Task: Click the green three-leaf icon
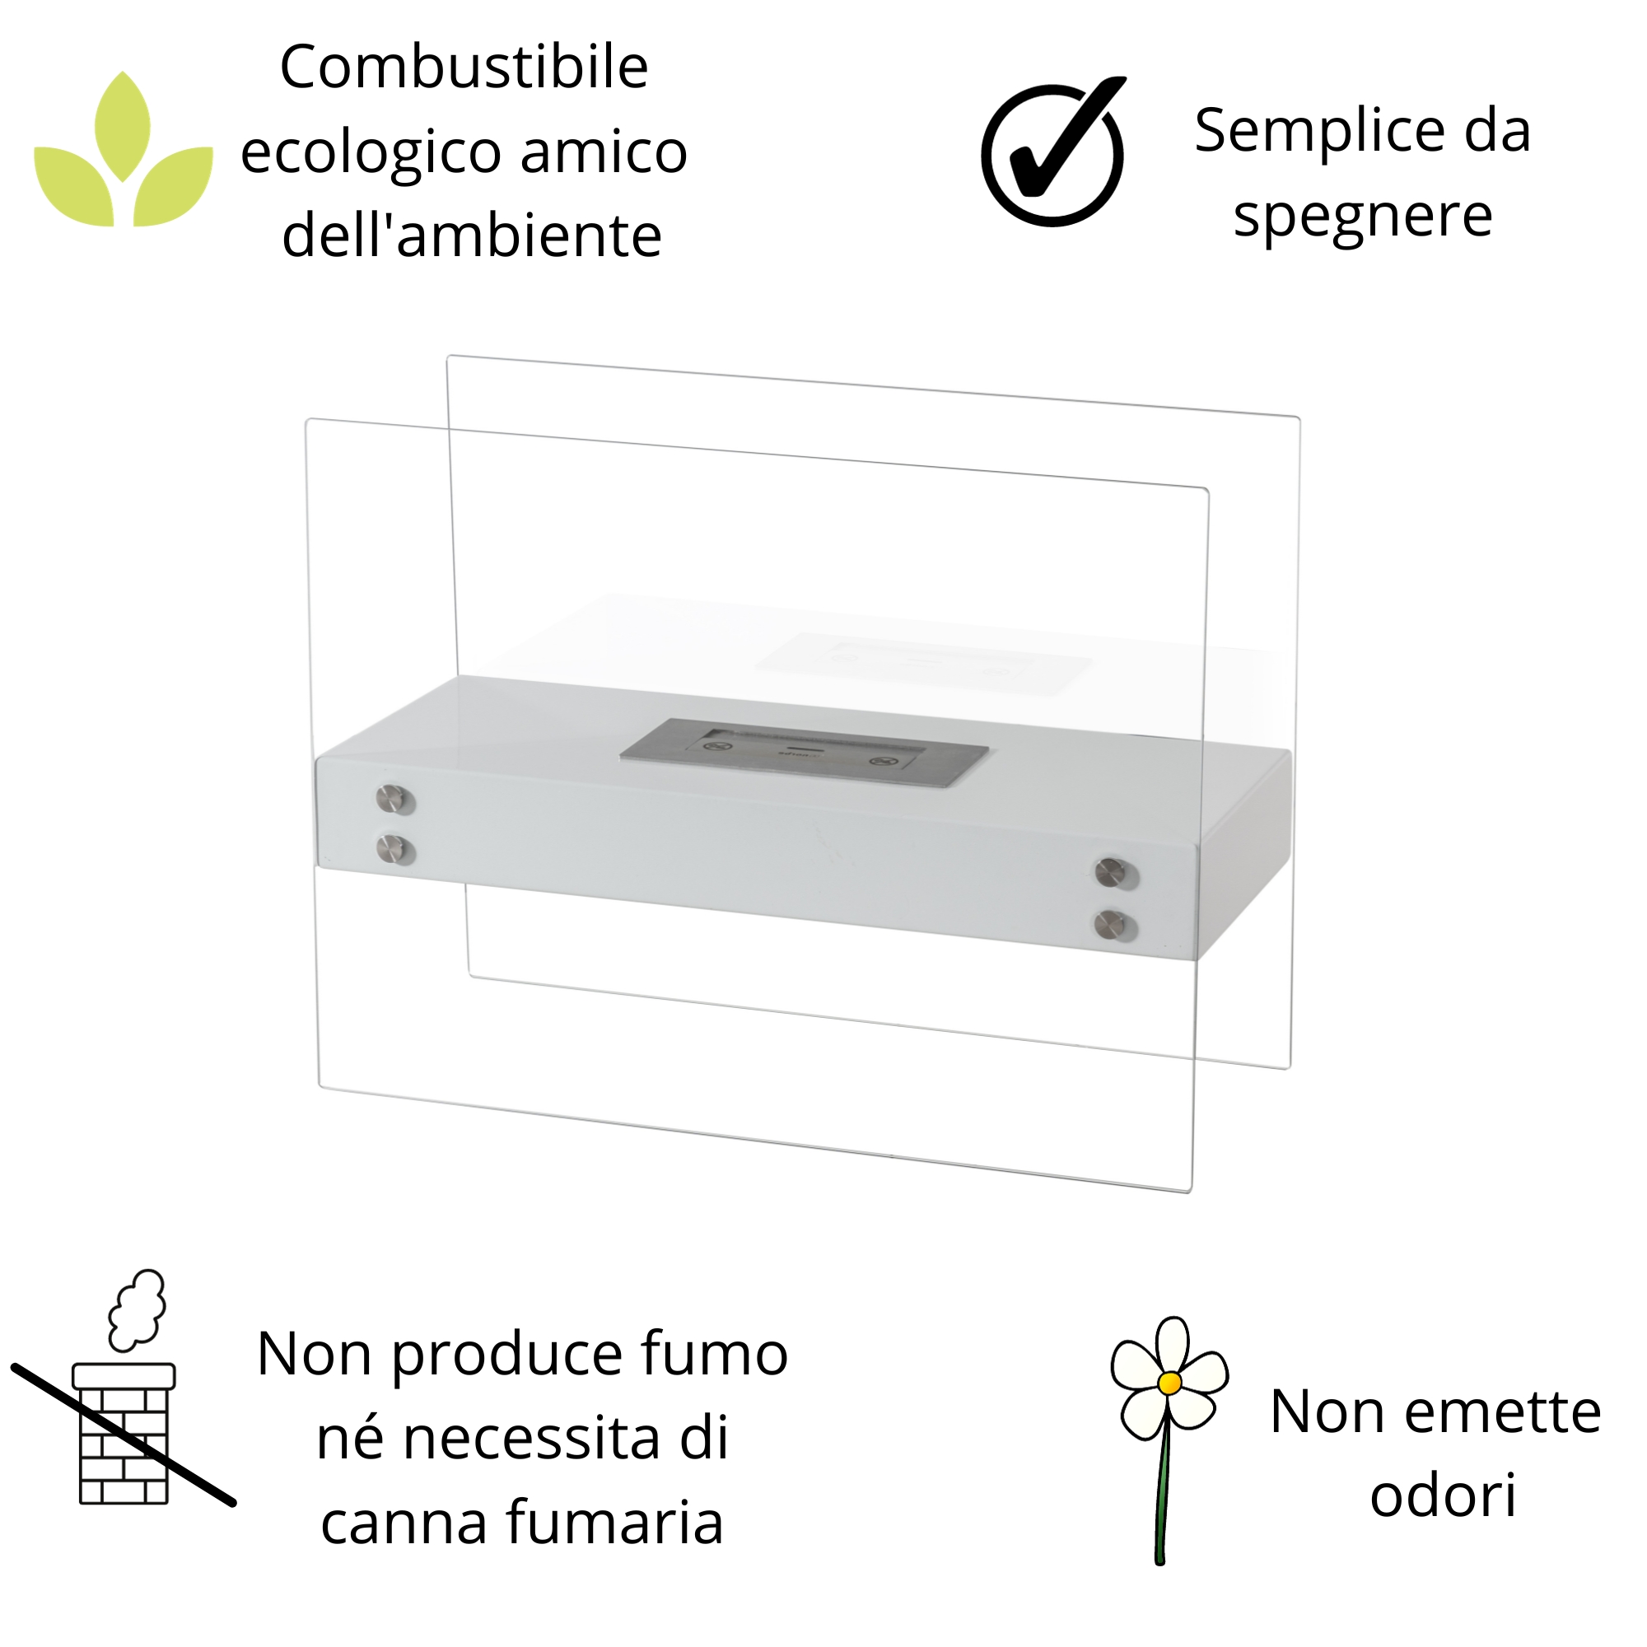pos(124,153)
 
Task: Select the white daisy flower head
pos(1169,1382)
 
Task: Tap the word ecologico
pos(371,153)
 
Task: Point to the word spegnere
pos(1362,215)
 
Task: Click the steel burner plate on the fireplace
pos(804,752)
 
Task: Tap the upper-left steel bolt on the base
pos(393,799)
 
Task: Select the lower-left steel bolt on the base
pos(393,848)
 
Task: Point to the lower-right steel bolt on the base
pos(1111,923)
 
